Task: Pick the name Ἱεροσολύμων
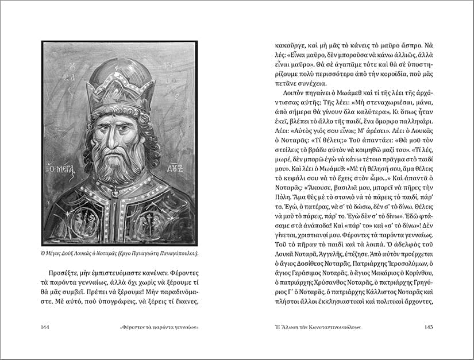tap(407, 262)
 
